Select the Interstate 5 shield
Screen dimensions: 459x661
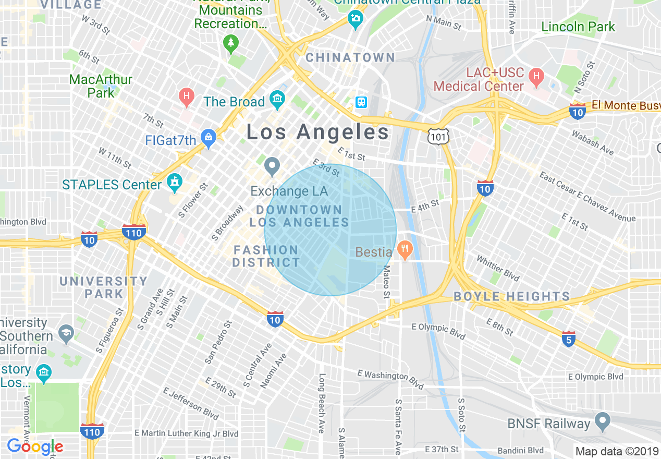click(x=569, y=339)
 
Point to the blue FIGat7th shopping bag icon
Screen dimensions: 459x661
click(x=209, y=139)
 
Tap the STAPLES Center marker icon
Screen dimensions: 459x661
click(x=174, y=183)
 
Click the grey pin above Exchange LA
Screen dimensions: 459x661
click(x=272, y=167)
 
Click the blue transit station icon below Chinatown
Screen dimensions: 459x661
click(x=361, y=102)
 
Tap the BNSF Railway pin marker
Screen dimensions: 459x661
click(x=603, y=421)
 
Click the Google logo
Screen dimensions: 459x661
click(x=35, y=446)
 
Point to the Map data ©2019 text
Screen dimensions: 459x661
click(x=617, y=451)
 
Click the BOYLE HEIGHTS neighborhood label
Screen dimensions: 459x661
click(x=512, y=297)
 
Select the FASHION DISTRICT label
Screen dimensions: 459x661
click(x=266, y=256)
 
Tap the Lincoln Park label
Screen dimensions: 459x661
click(x=578, y=27)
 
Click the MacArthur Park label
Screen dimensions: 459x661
click(x=101, y=86)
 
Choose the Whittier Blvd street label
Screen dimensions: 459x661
click(x=498, y=267)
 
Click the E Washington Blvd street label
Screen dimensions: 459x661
click(x=390, y=379)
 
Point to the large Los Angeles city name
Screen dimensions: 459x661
click(x=317, y=132)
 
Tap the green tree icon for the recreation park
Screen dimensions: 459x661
click(x=230, y=44)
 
